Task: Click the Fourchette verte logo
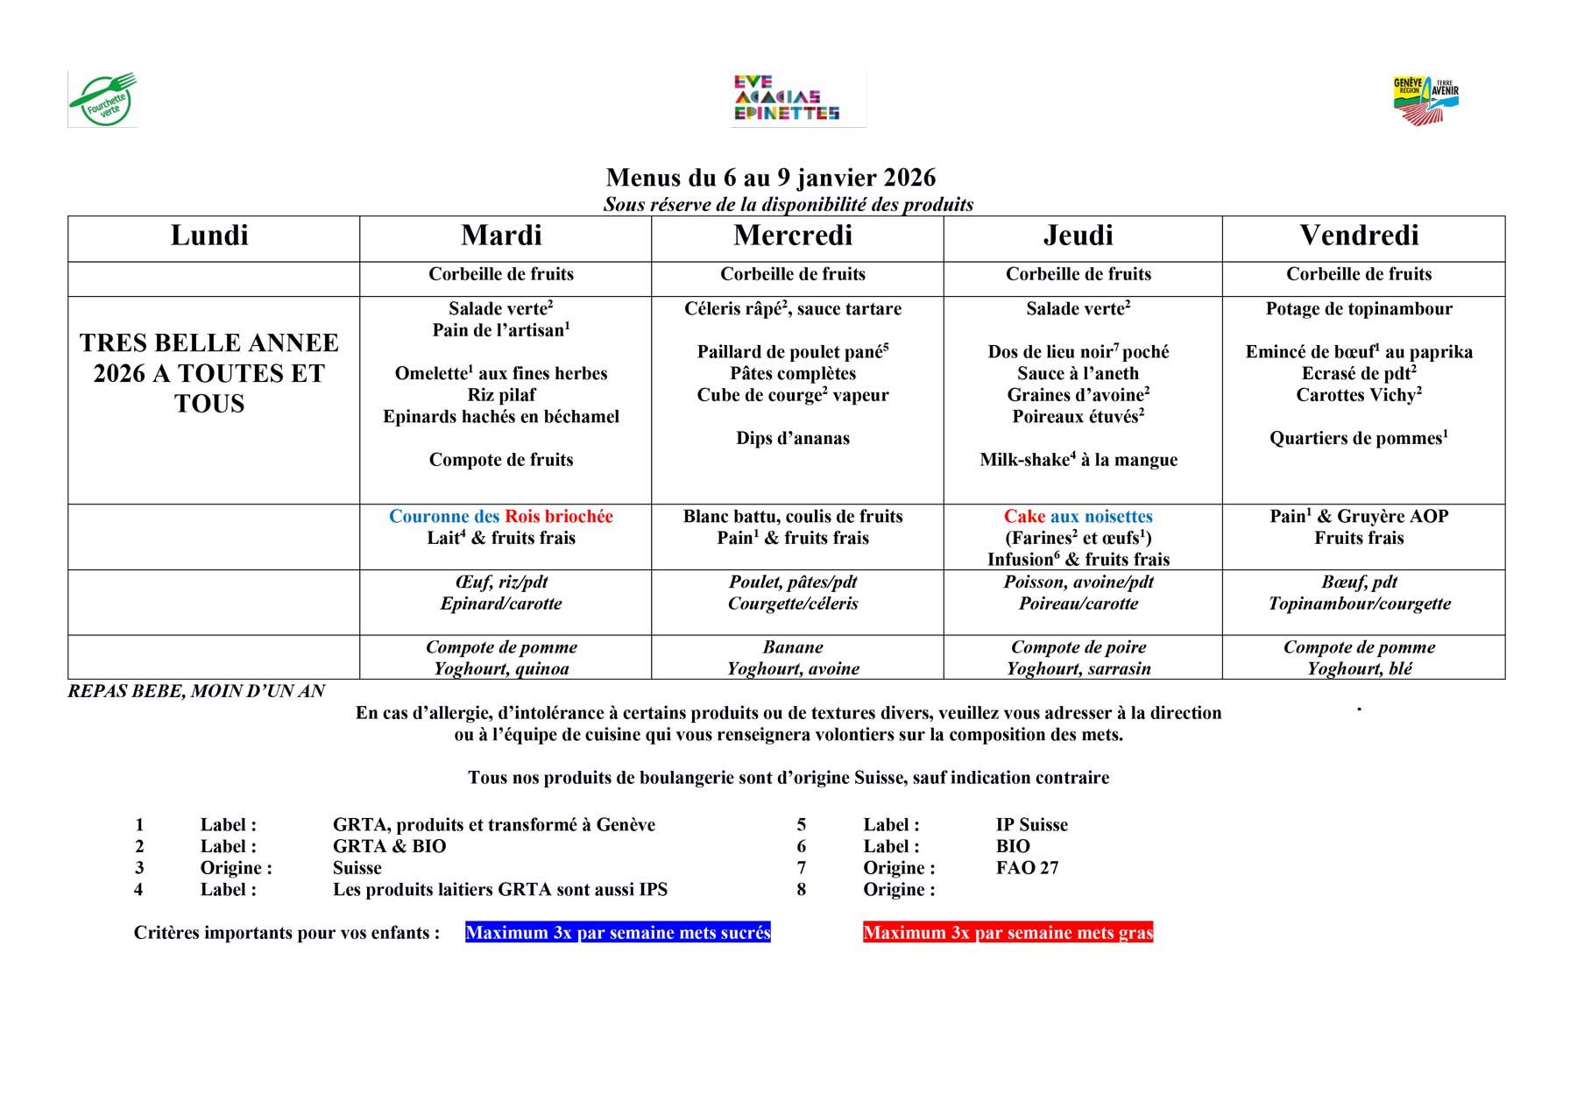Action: (103, 100)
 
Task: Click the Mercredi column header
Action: (793, 236)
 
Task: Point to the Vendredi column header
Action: (1359, 236)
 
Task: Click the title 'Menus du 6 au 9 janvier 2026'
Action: (770, 178)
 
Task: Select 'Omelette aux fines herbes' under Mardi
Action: (501, 373)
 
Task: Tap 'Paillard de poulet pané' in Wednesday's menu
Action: (793, 352)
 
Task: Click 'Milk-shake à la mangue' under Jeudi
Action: (1078, 460)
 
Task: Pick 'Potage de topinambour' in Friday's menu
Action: (1359, 308)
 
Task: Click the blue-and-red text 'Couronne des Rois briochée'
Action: (501, 517)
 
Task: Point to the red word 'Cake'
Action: (1024, 517)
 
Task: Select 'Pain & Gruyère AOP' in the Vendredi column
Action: (1359, 517)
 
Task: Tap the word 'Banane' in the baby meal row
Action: (793, 647)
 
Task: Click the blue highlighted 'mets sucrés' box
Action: (618, 933)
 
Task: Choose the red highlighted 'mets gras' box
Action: (1008, 933)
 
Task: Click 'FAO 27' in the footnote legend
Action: (1027, 868)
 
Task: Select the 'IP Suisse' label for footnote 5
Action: (1031, 825)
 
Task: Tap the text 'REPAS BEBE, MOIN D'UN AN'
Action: (196, 691)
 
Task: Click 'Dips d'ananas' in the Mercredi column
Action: (793, 439)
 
